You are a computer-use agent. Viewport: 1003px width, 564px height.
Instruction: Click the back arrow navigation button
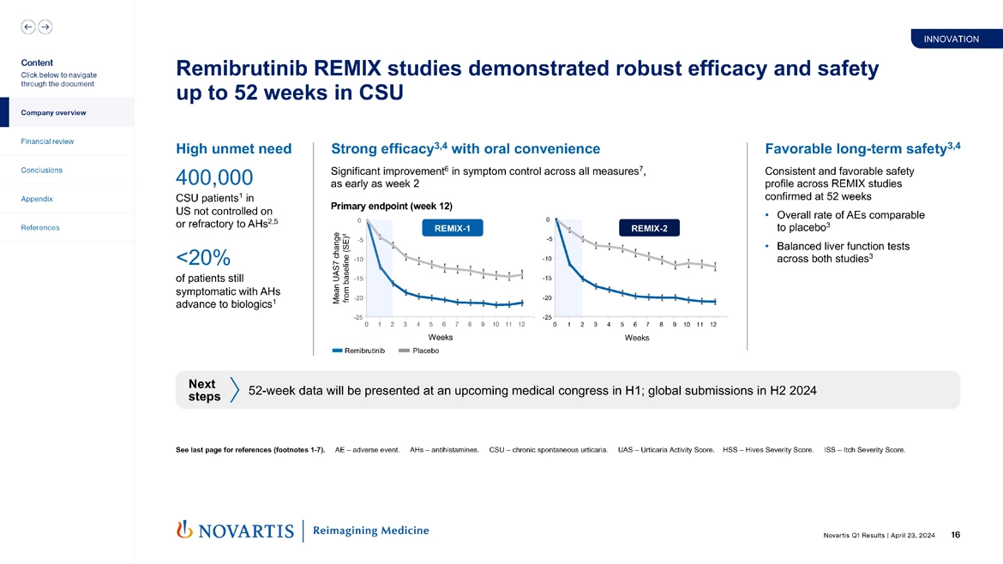28,27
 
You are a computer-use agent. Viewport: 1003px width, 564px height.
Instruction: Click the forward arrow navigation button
45,27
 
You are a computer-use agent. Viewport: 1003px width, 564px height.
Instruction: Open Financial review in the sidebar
47,141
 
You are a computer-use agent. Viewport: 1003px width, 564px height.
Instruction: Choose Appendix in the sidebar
37,199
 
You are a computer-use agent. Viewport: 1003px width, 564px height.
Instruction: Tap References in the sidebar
40,228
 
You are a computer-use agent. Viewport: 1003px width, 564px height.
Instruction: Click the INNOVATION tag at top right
951,39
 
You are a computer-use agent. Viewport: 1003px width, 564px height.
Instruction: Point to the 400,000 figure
213,177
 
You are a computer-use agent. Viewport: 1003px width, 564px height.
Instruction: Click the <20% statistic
201,257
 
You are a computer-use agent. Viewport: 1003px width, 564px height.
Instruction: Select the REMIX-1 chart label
453,228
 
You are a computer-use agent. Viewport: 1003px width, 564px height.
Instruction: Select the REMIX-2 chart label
649,228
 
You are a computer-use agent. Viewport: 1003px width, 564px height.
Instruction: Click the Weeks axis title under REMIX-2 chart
637,338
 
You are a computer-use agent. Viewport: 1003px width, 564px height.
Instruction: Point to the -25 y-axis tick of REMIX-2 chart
546,317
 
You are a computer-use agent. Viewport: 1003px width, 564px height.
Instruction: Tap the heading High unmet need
233,149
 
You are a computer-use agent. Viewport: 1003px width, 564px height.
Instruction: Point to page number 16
955,535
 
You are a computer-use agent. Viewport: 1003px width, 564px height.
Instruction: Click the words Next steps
204,391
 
